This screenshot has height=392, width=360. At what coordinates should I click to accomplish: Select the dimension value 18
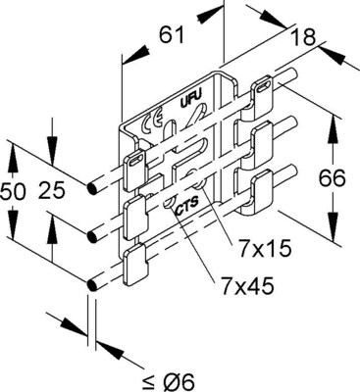[304, 36]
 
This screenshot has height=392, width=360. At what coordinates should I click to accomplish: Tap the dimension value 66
[332, 178]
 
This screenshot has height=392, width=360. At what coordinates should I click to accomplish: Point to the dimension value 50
[13, 191]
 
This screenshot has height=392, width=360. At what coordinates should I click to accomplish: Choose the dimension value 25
[52, 191]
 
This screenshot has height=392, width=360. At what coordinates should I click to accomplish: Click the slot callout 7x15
[265, 249]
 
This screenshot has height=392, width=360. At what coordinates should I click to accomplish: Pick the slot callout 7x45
[247, 286]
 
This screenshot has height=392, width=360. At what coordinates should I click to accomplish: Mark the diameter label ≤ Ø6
[169, 380]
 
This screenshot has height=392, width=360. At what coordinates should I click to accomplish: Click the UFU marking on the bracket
[190, 97]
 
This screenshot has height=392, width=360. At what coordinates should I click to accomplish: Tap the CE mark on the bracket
[151, 123]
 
